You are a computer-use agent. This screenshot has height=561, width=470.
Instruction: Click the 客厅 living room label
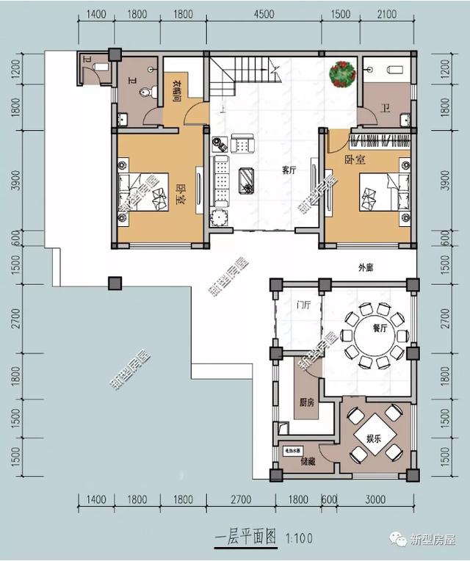coord(289,170)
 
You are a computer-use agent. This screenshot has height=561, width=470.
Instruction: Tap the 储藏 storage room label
coord(307,461)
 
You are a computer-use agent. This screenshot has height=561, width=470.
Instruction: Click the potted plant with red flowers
coord(341,73)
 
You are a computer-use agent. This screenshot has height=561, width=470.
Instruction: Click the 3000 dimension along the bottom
coord(375,500)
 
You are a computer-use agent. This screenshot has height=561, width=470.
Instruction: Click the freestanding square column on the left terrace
coord(115,283)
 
